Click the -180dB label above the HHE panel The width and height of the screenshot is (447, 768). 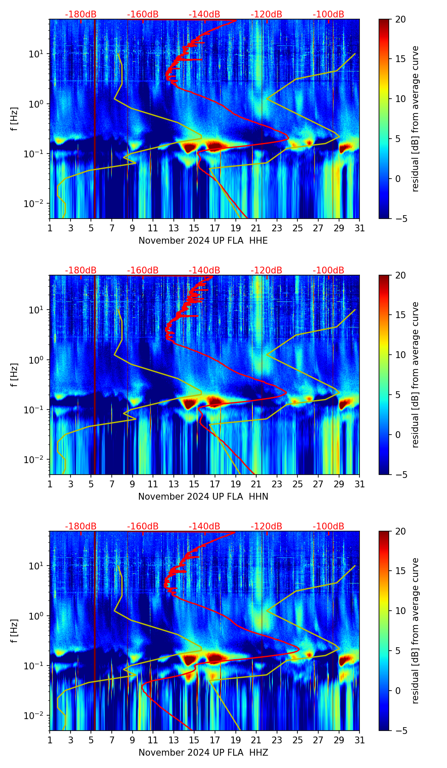[81, 14]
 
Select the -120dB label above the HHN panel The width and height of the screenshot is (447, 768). [266, 270]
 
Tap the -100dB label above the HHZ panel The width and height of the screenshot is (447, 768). [328, 526]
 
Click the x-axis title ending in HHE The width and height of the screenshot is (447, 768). [203, 241]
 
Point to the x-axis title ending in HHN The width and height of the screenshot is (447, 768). [203, 497]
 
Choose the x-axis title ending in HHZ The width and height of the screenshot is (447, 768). [203, 753]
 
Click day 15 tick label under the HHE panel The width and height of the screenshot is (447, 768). [194, 228]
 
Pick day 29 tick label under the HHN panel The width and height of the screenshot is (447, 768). [339, 484]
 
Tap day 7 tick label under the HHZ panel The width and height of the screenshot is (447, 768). [112, 740]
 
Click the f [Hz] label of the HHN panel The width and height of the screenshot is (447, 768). [14, 375]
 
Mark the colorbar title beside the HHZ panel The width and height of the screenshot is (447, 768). [415, 631]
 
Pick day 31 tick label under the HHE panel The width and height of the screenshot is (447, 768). [359, 228]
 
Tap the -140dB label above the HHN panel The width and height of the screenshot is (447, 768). [204, 270]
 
